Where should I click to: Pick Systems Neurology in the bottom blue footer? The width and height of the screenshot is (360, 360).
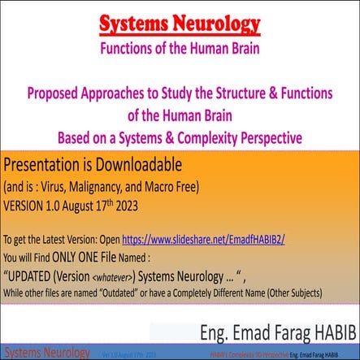46,353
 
